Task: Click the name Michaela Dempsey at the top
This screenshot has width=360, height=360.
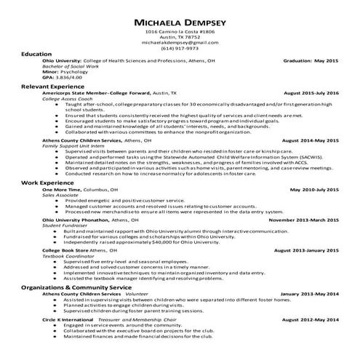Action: (180, 23)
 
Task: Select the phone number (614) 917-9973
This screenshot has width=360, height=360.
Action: (180, 49)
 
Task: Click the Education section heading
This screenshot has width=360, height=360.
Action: (36, 55)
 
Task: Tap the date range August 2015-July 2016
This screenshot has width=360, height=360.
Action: (311, 93)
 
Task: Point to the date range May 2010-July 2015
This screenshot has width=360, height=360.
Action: (314, 189)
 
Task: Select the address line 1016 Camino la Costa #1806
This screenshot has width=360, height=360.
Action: (180, 33)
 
